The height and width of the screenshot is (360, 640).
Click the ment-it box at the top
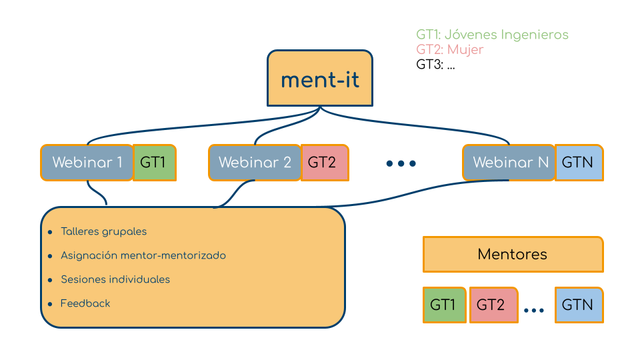click(x=320, y=79)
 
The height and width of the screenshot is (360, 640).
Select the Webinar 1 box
click(x=87, y=163)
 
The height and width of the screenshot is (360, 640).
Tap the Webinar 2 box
click(x=255, y=163)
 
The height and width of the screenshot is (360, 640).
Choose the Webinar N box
click(x=510, y=163)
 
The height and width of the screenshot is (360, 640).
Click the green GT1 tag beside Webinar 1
click(x=155, y=163)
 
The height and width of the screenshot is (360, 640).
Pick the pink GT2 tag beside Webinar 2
click(x=323, y=163)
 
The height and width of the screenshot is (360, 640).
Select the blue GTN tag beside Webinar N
click(x=578, y=163)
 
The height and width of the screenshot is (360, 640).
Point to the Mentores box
click(x=513, y=254)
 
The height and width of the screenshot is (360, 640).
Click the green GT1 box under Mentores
click(x=443, y=305)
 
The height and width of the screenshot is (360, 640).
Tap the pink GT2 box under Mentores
click(x=493, y=305)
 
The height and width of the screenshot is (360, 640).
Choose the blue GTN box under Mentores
click(x=578, y=305)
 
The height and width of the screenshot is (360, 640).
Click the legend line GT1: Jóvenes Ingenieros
click(x=492, y=35)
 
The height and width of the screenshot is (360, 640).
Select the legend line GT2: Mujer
click(x=450, y=50)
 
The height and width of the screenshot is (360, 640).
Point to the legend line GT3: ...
click(x=435, y=65)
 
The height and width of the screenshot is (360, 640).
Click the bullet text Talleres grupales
click(x=103, y=232)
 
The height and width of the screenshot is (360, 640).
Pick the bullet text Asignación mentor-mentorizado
click(x=143, y=255)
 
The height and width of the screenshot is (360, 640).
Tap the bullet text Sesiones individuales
click(x=115, y=279)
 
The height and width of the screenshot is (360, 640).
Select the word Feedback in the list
click(x=85, y=303)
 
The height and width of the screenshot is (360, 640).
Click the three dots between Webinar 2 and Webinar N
click(x=401, y=163)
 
